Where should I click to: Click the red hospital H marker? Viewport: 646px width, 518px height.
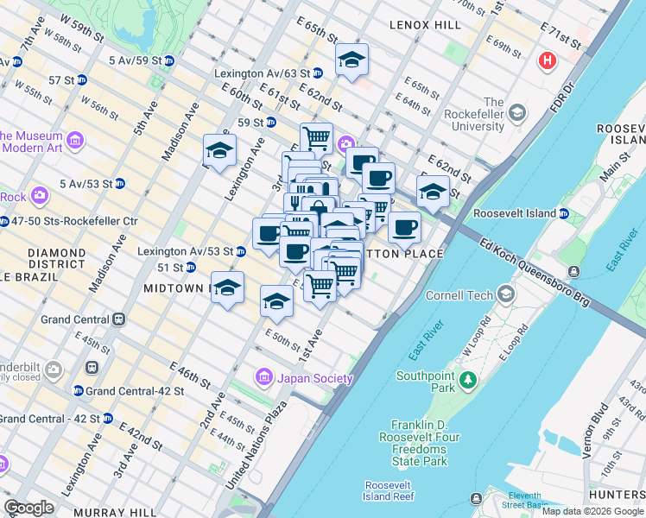pos(546,60)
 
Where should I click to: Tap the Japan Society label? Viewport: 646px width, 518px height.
pos(314,378)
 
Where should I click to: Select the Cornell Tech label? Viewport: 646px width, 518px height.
pos(459,295)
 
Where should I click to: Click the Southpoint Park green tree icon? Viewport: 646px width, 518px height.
pos(468,379)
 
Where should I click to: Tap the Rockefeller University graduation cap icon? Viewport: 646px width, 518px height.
pos(516,112)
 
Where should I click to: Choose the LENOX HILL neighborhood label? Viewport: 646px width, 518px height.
pos(425,26)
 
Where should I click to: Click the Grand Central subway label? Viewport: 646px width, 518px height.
pos(76,319)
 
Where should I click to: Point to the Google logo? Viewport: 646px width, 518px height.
pos(29,507)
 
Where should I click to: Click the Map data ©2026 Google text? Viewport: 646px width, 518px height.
pos(592,511)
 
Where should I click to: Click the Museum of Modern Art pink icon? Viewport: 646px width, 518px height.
pos(75,139)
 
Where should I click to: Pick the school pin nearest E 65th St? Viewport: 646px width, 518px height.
pos(351,60)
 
